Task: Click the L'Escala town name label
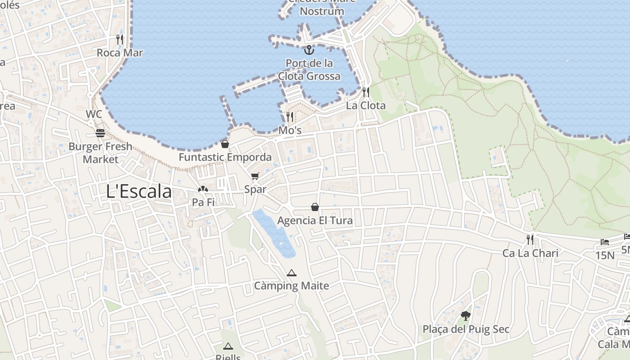click(x=139, y=192)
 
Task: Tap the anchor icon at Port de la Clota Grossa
click(x=309, y=49)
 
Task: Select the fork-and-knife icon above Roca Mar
click(x=120, y=40)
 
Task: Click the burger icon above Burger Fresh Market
click(x=100, y=133)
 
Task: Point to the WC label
click(x=94, y=114)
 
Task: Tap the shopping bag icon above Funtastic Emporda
click(x=225, y=144)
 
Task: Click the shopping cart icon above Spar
click(x=255, y=176)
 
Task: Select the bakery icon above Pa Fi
click(x=203, y=189)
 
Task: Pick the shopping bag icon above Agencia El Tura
click(x=315, y=207)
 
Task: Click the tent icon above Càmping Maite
click(x=292, y=273)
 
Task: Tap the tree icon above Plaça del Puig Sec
click(x=466, y=316)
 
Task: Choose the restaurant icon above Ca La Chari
click(x=530, y=240)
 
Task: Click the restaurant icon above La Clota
click(x=366, y=92)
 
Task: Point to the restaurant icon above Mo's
click(x=290, y=117)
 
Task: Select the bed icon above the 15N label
click(x=605, y=242)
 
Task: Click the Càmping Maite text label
click(x=292, y=286)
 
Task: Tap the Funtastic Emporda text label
click(x=225, y=157)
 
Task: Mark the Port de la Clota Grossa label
click(x=309, y=70)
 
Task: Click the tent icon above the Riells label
click(x=228, y=346)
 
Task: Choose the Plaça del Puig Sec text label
click(x=466, y=329)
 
